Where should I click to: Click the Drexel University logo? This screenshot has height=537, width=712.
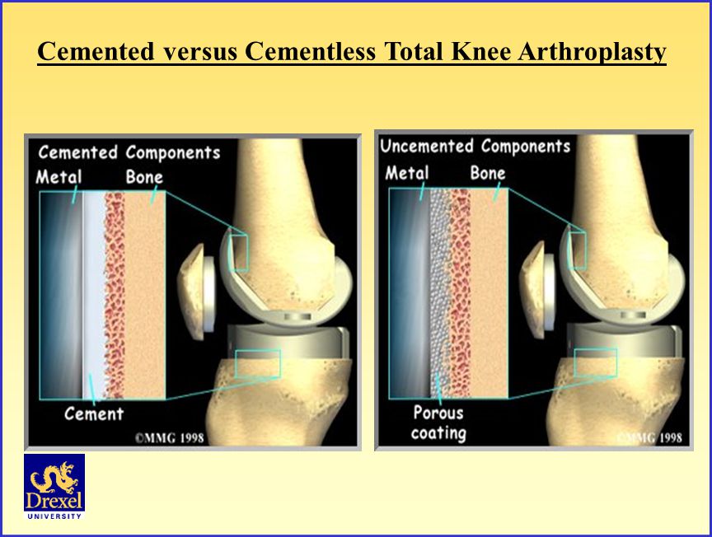point(54,487)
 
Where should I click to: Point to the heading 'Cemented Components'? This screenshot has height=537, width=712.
point(129,152)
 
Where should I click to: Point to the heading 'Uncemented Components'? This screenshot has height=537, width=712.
point(475,147)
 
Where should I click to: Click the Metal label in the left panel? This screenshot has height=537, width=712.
point(59,176)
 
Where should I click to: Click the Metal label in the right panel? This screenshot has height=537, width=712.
point(407,173)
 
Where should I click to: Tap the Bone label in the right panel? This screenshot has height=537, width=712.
point(488,173)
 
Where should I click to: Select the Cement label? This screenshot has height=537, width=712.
point(94,413)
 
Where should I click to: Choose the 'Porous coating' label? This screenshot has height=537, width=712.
point(438,423)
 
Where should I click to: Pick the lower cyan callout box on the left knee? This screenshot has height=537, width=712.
point(257,364)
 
